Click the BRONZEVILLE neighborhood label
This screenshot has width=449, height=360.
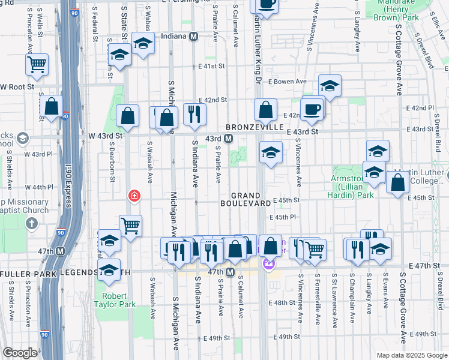pos(255,128)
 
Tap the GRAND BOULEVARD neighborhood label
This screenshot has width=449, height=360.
pos(253,199)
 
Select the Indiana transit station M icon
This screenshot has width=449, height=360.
pos(194,36)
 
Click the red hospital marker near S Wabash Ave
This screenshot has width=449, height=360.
pos(134,196)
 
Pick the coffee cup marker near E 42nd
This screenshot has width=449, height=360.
pos(312,109)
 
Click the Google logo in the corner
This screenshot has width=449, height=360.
pos(20,353)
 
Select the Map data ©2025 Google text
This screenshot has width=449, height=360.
pos(411,355)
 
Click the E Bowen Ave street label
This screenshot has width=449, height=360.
pos(288,82)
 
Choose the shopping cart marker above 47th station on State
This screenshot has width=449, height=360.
pos(130,226)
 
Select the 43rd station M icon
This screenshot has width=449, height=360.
pos(228,139)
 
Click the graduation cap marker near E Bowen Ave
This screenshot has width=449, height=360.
pos(330,86)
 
